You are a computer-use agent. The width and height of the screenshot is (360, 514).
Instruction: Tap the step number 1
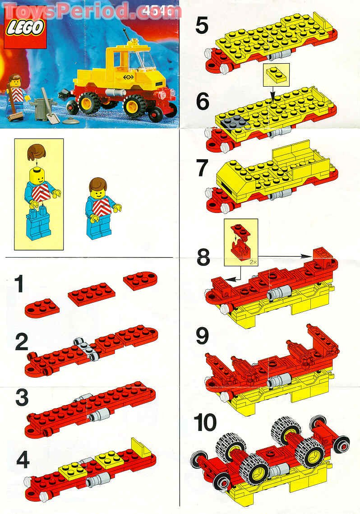point(18,285)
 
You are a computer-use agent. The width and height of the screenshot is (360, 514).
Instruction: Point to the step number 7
point(202,168)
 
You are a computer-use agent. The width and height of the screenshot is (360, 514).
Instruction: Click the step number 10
point(205,423)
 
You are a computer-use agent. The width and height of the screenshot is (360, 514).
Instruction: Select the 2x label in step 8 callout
point(251,260)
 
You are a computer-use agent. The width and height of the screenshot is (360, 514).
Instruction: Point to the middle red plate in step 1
point(92,294)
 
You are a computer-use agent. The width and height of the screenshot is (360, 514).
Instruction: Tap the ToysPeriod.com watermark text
point(90,10)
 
